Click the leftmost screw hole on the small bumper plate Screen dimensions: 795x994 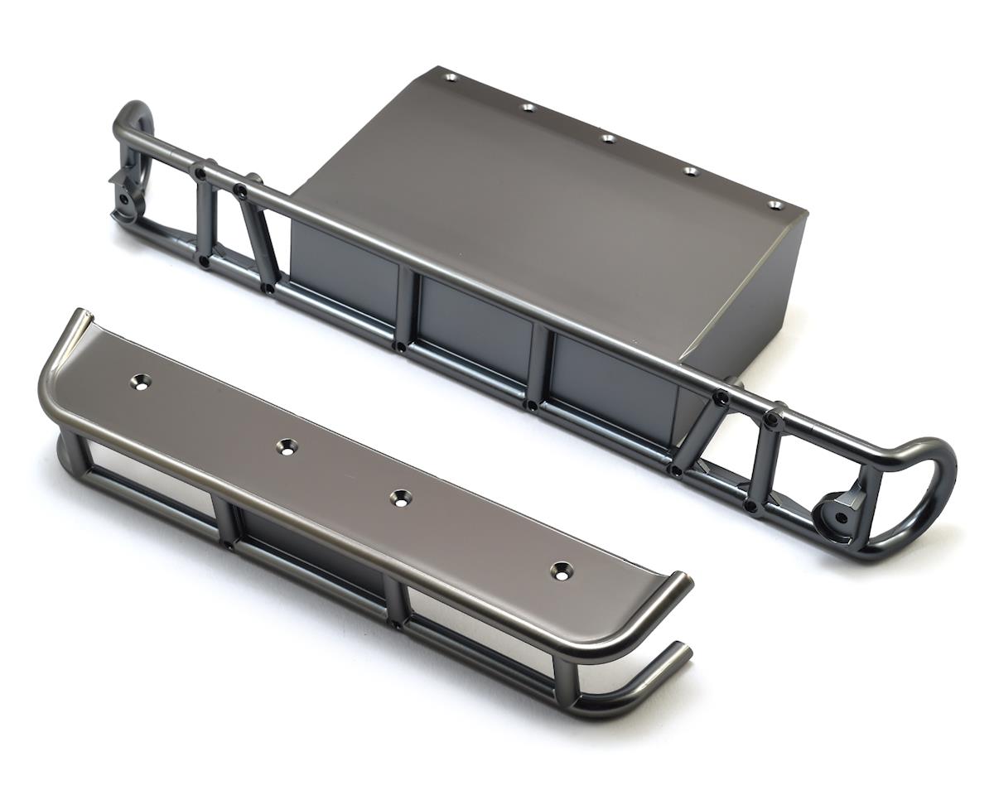(141, 382)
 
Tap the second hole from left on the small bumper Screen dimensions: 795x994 (287, 446)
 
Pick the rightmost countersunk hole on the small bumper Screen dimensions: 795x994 (562, 570)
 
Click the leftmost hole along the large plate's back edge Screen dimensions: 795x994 (450, 77)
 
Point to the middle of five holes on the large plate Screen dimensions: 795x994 (607, 138)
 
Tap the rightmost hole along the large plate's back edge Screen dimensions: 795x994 (774, 205)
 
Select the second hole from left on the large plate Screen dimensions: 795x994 (528, 107)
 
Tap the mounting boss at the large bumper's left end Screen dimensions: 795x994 (125, 201)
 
